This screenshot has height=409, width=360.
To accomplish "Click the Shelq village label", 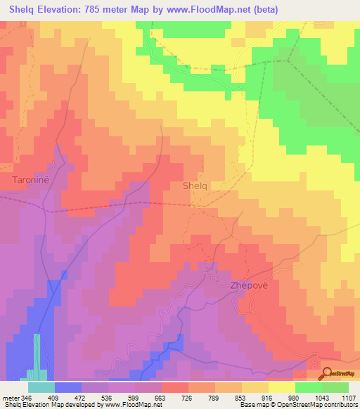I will tap(195, 186).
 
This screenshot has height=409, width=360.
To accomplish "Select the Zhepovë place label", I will tap(249, 286).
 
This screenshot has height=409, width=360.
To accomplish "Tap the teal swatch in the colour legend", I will tap(41, 387).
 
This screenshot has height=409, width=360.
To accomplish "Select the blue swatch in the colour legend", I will tap(67, 387).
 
